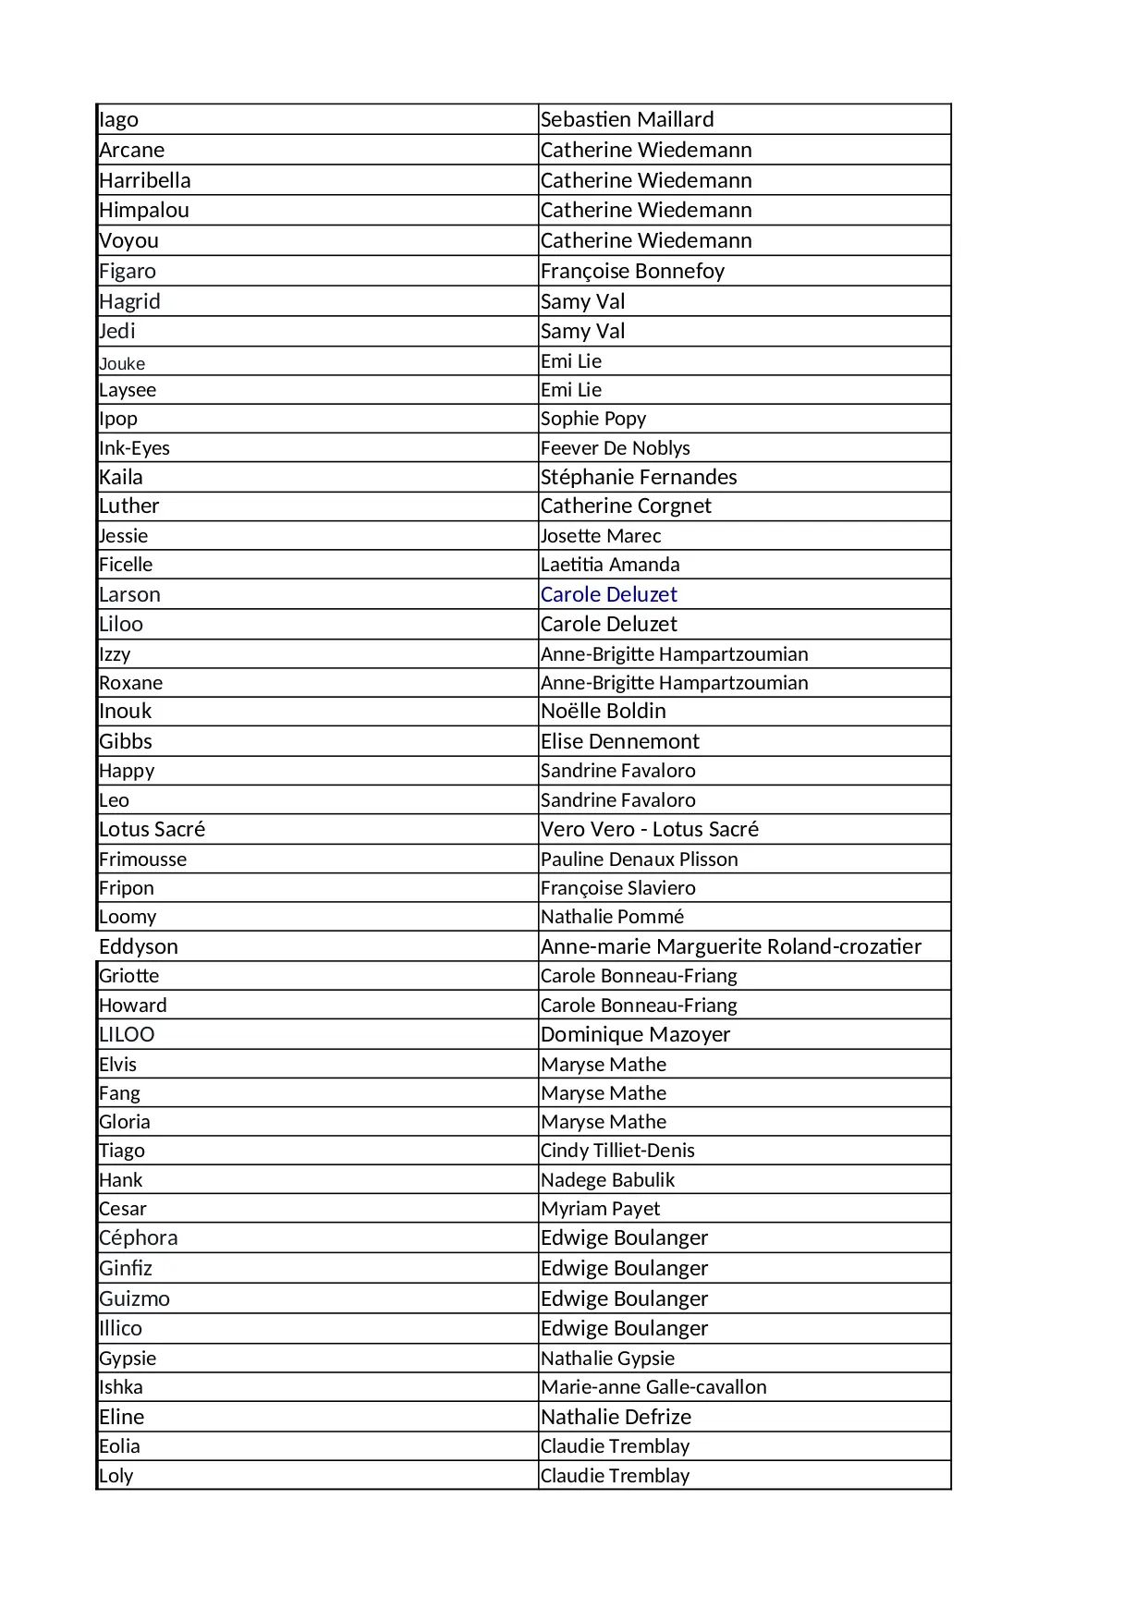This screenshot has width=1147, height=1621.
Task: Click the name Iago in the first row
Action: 119,120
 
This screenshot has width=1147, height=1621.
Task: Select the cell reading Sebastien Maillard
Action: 627,120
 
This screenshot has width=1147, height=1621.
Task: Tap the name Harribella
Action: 145,180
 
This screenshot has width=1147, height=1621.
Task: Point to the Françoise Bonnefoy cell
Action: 632,271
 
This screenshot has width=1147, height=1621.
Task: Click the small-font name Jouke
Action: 122,363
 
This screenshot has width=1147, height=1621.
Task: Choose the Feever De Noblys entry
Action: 615,448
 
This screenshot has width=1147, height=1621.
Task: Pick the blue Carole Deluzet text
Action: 608,594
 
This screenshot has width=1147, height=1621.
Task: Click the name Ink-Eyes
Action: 135,448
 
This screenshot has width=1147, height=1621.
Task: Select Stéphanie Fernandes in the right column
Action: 639,477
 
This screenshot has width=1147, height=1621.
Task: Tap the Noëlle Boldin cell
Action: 603,711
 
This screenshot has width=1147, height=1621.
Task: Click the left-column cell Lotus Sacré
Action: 153,829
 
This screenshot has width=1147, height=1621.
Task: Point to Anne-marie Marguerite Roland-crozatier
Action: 730,946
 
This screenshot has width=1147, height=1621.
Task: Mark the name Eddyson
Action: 139,946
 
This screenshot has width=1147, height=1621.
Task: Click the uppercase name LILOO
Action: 127,1034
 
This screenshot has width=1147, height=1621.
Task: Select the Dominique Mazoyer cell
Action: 635,1034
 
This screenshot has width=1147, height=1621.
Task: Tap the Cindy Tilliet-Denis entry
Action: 617,1151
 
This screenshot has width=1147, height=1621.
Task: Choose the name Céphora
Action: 139,1237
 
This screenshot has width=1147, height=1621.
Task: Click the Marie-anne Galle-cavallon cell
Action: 653,1387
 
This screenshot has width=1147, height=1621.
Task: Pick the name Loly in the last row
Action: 116,1476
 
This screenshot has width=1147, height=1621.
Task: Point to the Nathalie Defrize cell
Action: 616,1417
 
